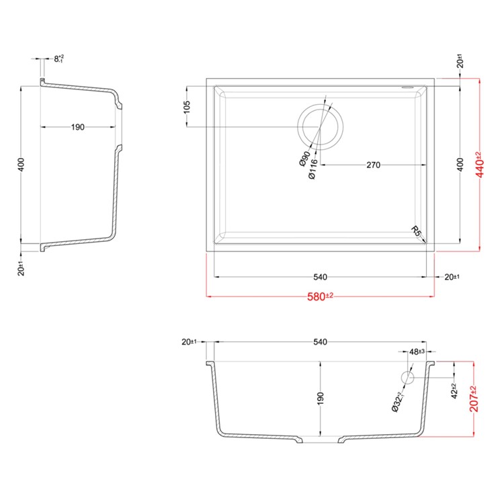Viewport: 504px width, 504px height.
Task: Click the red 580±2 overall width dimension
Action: pos(320,296)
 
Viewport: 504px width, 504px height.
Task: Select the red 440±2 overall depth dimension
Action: pos(479,165)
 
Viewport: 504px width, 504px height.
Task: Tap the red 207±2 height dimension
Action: pos(474,399)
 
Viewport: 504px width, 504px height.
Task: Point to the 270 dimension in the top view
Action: pos(373,165)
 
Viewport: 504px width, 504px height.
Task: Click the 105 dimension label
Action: pos(187,107)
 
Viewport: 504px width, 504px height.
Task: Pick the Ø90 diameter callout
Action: pos(304,159)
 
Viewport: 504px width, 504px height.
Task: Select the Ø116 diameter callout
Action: pos(312,169)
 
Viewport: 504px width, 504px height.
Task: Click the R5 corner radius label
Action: pos(415,231)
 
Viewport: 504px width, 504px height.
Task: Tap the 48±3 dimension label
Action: pos(417,351)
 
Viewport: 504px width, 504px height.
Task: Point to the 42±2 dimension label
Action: pos(454,391)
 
